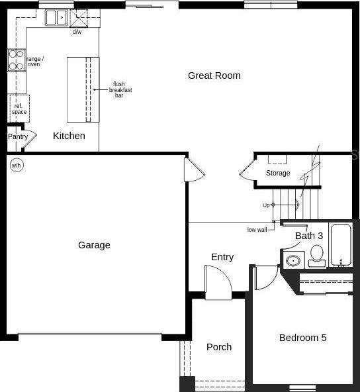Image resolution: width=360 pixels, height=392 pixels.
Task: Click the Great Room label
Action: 214,75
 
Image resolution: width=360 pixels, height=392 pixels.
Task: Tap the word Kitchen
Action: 69,136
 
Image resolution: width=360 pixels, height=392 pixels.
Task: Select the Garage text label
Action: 94,245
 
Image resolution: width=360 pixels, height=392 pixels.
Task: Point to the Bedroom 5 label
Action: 303,338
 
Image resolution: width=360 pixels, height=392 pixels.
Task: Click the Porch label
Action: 219,347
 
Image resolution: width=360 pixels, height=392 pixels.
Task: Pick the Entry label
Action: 222,257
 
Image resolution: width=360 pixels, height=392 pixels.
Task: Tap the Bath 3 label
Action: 309,236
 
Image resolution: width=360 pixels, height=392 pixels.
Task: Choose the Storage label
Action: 278,173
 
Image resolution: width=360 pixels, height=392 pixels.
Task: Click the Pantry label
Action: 18,137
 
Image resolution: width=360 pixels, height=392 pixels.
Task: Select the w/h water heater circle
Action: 17,166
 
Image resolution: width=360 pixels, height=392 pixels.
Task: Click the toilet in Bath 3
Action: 317,256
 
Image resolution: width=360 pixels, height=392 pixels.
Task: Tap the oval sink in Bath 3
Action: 293,261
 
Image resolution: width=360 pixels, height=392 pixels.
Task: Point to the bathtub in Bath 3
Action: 341,245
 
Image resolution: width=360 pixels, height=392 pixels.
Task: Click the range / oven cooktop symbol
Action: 17,60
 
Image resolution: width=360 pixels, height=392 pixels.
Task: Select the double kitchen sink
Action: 56,17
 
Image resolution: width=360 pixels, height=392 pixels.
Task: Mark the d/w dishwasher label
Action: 77,32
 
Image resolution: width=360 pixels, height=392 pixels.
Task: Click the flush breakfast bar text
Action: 120,89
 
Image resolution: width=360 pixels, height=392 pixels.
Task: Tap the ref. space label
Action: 19,109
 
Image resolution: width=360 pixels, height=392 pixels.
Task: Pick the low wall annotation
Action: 257,230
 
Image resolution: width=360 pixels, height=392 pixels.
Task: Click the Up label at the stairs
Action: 266,205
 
